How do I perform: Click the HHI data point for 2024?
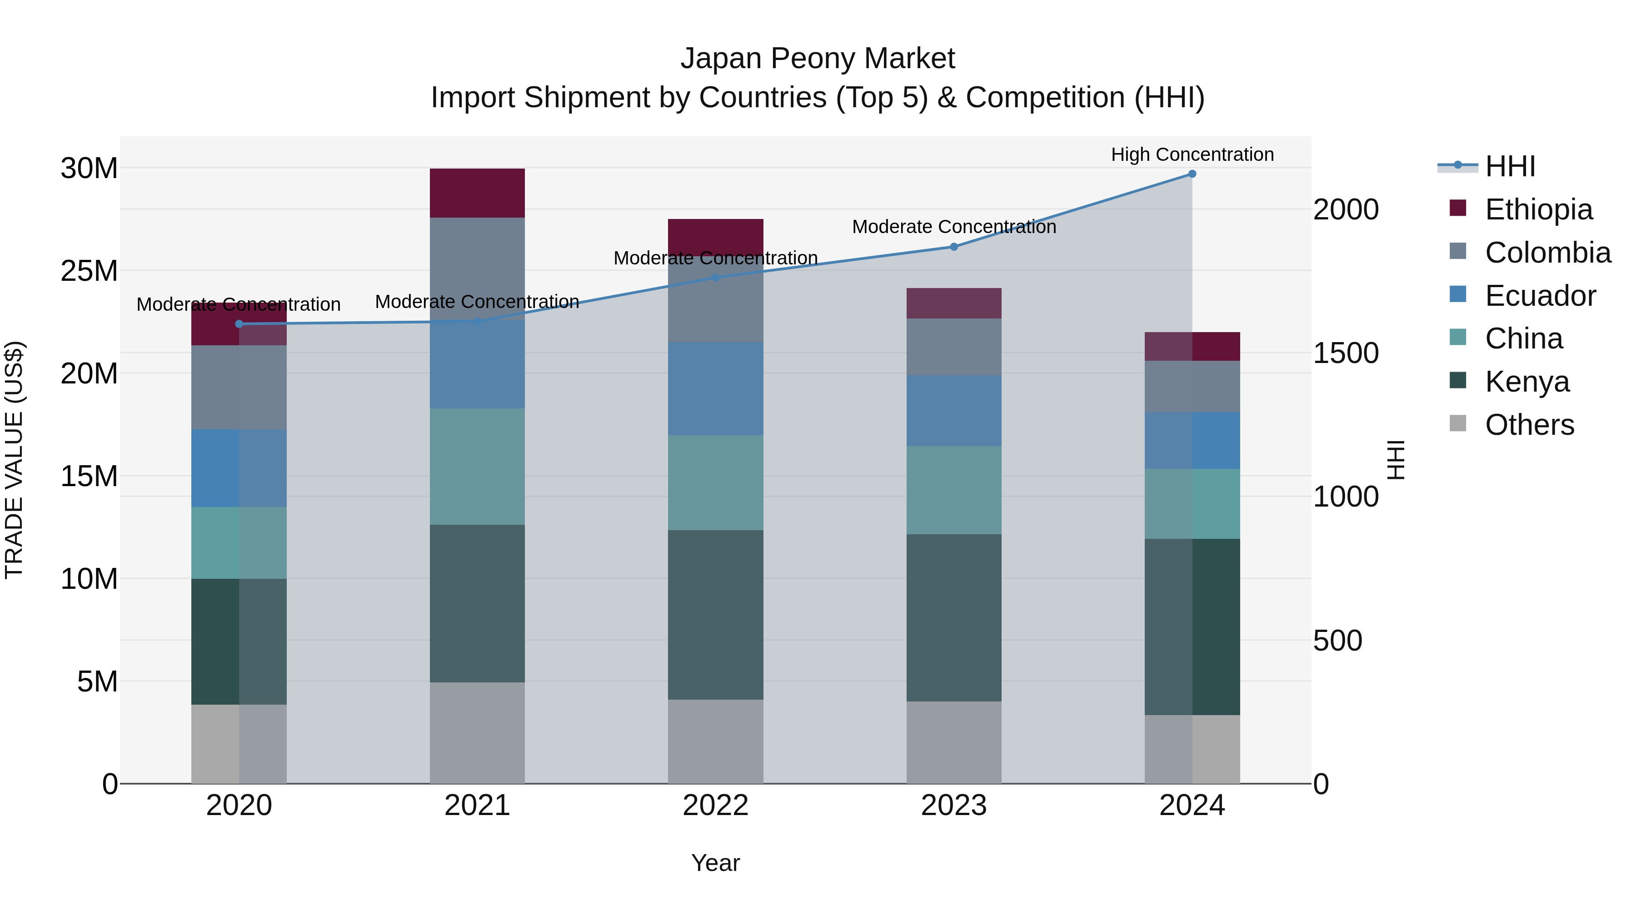1192,174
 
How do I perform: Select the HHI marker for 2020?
239,324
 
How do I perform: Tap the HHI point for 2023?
954,247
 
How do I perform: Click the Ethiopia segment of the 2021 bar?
477,193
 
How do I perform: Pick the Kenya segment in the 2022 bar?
715,615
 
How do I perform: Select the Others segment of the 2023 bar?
953,742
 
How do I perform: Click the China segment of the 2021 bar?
477,466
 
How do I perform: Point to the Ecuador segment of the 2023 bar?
953,410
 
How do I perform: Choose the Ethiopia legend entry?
1538,209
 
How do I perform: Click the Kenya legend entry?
1527,382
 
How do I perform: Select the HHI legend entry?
1510,166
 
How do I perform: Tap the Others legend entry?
1529,425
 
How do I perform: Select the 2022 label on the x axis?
715,806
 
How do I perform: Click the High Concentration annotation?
1192,154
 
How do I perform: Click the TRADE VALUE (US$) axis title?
14,460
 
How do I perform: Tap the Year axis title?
715,863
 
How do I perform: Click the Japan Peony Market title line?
818,59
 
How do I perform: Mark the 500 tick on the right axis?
1337,641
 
